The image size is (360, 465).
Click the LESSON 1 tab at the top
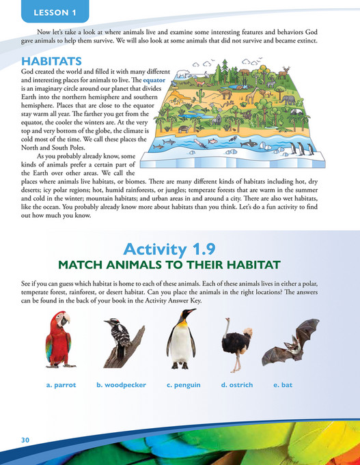(46, 12)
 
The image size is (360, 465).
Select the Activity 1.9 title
(180, 242)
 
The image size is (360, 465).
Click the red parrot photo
(59, 342)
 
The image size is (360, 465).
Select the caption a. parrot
(61, 385)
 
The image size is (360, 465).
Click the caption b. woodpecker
(121, 385)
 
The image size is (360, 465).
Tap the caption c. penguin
(183, 385)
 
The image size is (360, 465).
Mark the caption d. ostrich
(237, 385)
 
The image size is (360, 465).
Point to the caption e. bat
(283, 385)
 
